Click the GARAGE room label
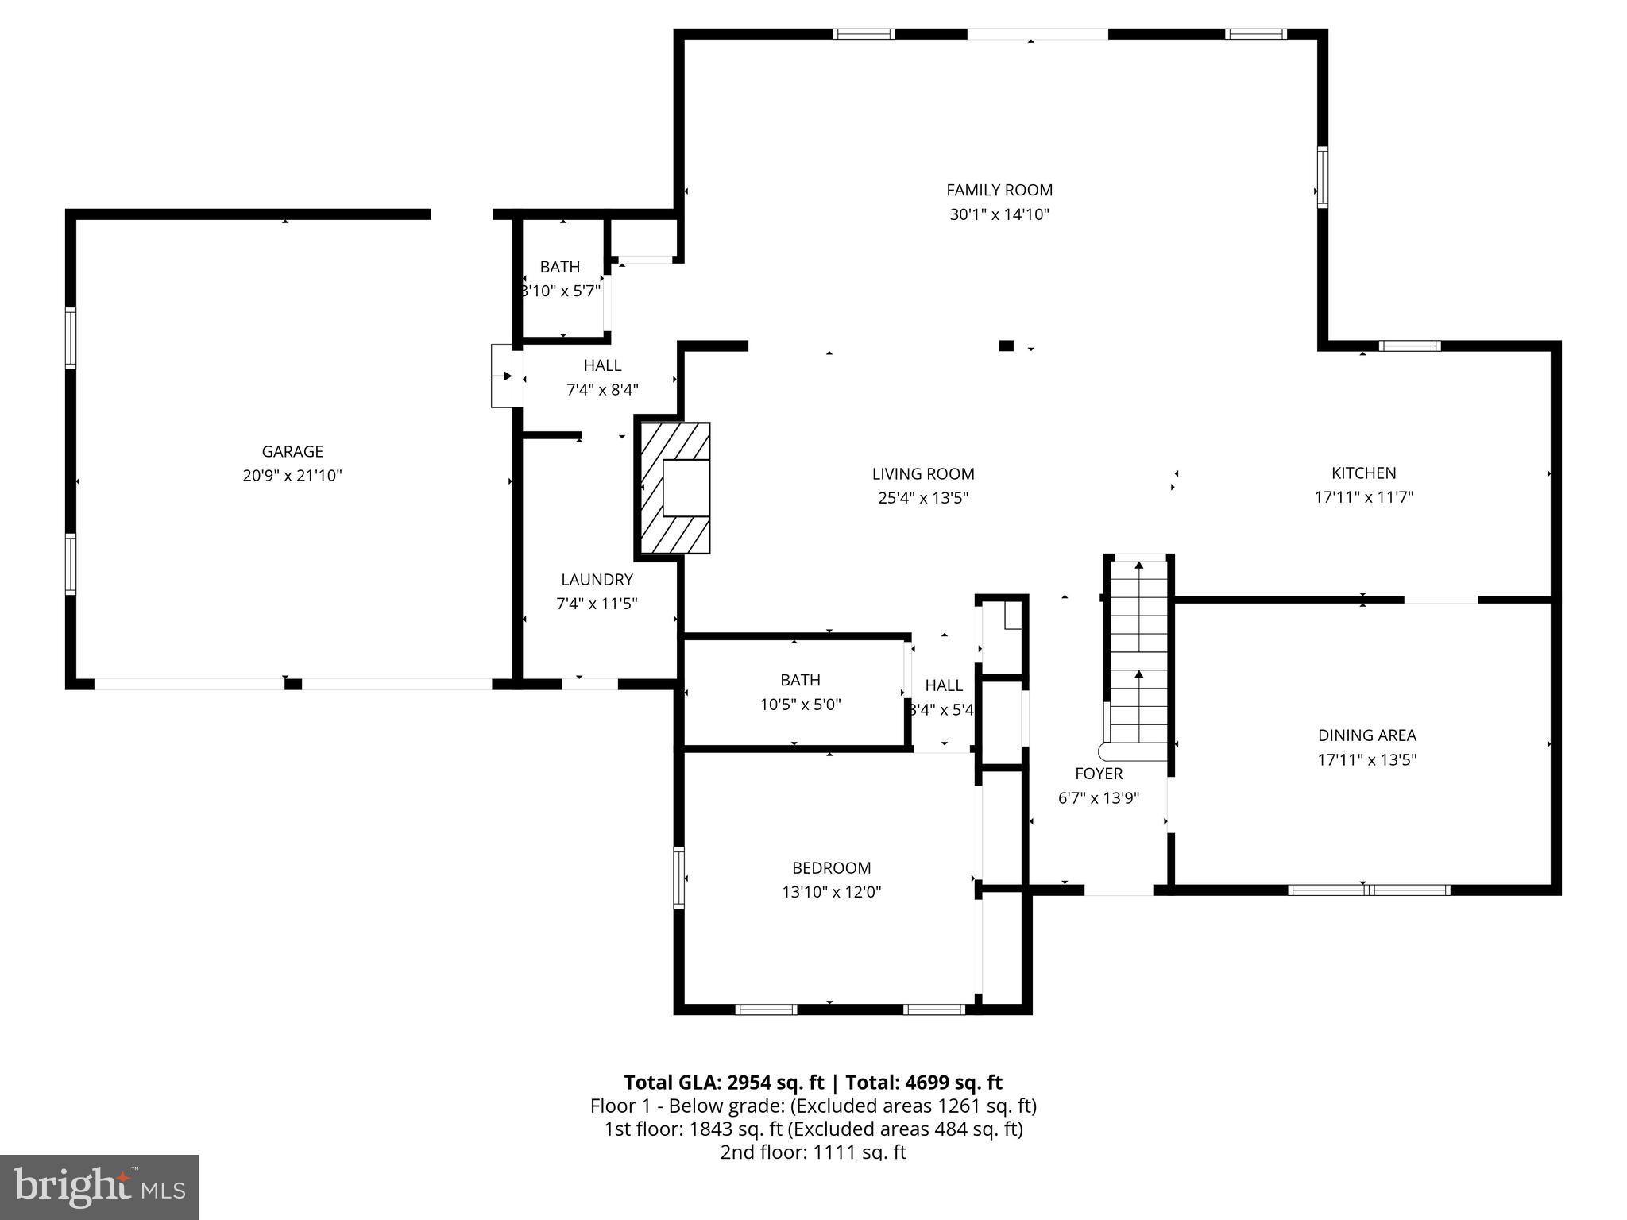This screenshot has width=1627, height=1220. click(x=292, y=451)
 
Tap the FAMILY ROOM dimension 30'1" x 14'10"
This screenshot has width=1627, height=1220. click(x=999, y=214)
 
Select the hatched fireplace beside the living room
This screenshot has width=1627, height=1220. click(x=674, y=488)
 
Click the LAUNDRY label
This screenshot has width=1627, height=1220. click(x=597, y=580)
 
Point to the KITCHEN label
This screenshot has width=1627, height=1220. click(x=1363, y=473)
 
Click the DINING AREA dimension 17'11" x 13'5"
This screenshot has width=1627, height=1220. click(x=1366, y=759)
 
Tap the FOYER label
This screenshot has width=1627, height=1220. click(x=1099, y=774)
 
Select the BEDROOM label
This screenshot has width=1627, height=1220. click(x=831, y=868)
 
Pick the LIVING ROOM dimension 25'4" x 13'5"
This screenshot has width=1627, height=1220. click(x=923, y=498)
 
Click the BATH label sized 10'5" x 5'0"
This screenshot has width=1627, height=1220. click(x=800, y=680)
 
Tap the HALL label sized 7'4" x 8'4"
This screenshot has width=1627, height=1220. click(x=602, y=365)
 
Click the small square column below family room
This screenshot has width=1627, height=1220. click(x=1007, y=346)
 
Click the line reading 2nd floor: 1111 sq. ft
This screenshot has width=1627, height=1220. click(x=813, y=1152)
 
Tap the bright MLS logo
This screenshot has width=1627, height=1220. click(x=99, y=1187)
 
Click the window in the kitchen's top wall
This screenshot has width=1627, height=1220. click(x=1409, y=346)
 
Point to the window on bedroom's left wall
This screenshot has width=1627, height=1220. click(x=678, y=877)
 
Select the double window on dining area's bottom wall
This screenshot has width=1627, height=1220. click(x=1368, y=890)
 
